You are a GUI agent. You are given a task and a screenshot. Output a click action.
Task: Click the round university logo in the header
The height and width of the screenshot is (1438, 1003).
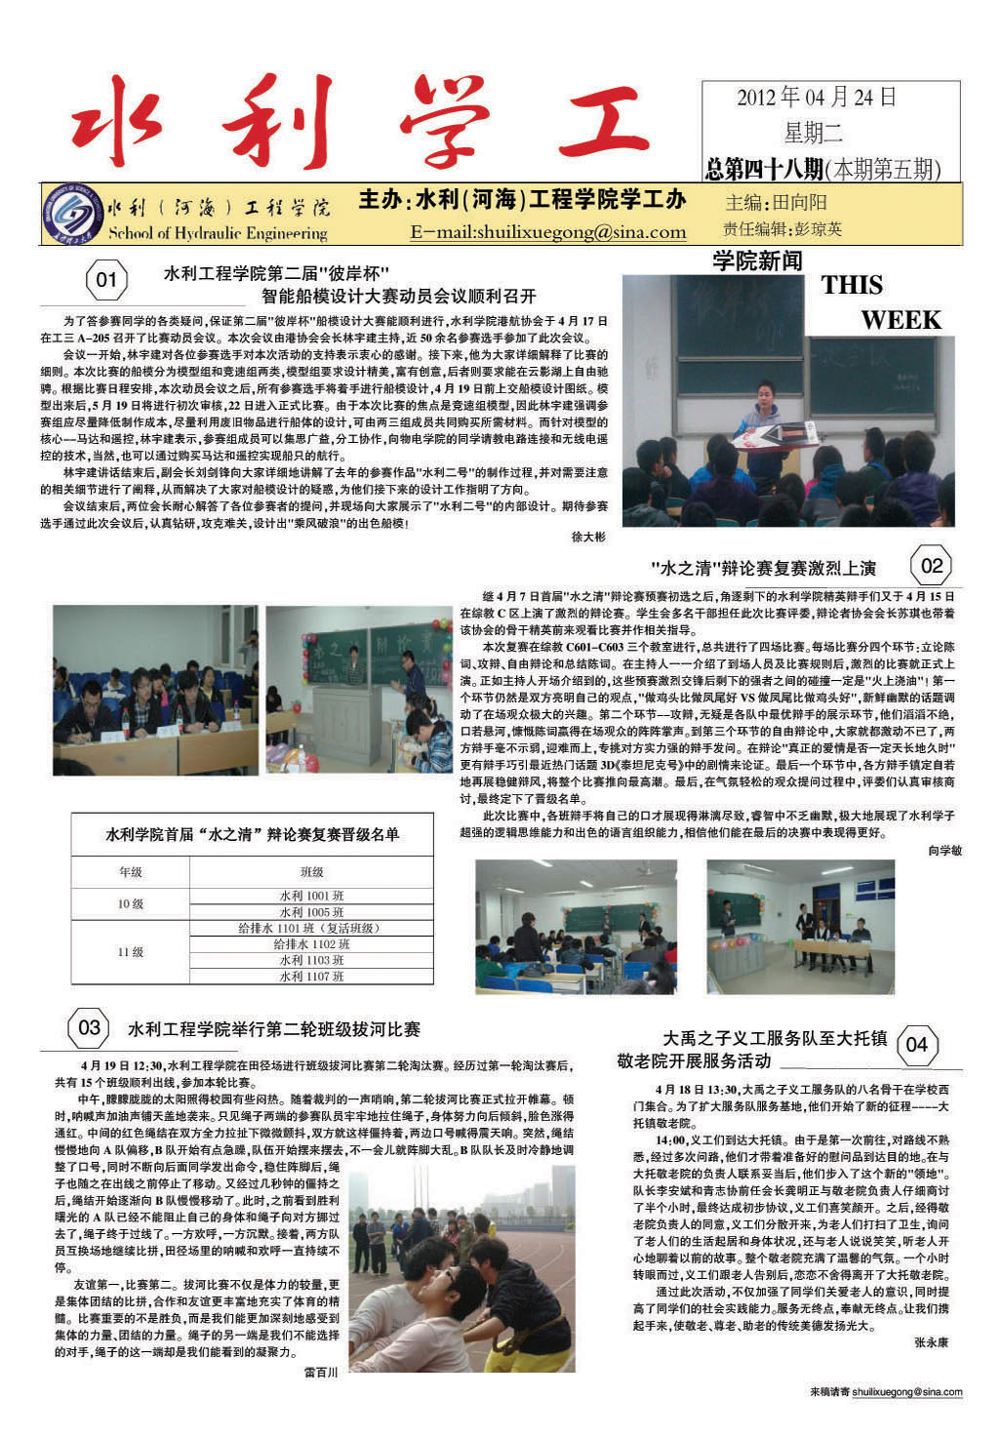pos(73,213)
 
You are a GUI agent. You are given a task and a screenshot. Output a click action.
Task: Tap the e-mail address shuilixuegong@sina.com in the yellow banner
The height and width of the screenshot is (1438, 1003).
pos(547,232)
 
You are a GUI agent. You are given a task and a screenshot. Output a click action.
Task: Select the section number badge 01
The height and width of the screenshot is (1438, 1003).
pos(106,283)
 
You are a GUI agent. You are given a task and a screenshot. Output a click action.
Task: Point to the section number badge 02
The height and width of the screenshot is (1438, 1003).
pos(932,566)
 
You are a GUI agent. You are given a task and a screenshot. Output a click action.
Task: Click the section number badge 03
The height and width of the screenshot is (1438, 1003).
pos(89,1027)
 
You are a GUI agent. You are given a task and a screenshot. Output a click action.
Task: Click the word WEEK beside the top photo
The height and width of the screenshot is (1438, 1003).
pos(901,320)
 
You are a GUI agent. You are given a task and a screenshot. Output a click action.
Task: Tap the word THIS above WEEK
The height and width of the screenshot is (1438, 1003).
pos(852,286)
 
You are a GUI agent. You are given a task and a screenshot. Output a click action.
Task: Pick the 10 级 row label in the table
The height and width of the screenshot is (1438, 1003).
pos(131,903)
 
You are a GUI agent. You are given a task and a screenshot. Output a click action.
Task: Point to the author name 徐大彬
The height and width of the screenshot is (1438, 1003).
pos(587,537)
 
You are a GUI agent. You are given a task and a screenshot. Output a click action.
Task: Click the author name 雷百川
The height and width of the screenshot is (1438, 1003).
pos(321,1372)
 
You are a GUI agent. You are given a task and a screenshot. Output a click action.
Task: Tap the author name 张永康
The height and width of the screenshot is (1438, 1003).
pos(931,1342)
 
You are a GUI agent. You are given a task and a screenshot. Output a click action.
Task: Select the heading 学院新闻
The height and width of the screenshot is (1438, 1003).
pos(757,260)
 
